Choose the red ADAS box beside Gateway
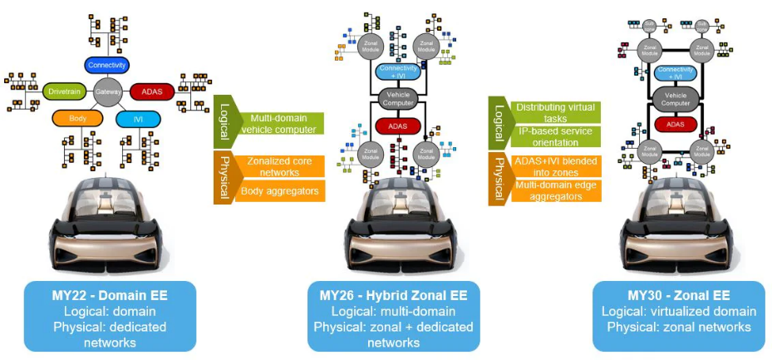(152, 90)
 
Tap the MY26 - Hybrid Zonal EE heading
(393, 296)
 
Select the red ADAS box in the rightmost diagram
(675, 124)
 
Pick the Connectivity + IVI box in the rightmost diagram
(675, 72)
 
